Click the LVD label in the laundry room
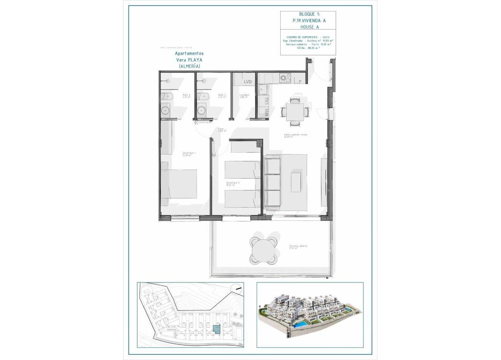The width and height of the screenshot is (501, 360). click(247, 82)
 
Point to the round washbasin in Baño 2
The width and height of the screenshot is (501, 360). click(166, 110)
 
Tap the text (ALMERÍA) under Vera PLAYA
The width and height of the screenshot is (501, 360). click(189, 66)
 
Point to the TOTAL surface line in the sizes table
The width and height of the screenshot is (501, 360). click(308, 48)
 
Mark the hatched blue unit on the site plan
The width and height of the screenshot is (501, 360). click(216, 329)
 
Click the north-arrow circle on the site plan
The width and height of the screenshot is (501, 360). click(237, 289)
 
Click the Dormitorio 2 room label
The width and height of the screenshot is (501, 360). click(232, 183)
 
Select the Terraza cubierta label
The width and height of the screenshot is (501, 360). click(298, 247)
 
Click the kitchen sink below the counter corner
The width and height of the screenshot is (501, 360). click(262, 89)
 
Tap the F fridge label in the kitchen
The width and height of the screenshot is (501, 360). click(300, 82)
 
